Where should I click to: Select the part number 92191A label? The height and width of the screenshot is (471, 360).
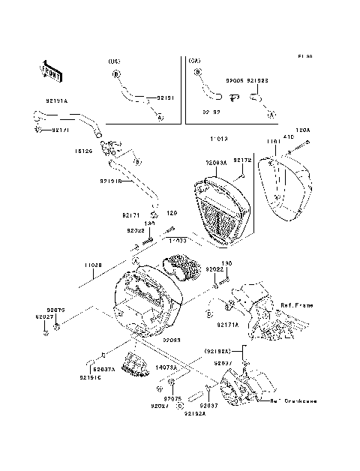tap(53, 100)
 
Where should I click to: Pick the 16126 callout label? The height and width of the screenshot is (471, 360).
tap(83, 150)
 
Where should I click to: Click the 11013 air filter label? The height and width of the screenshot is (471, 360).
tap(219, 139)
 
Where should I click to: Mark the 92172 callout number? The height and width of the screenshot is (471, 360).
tap(241, 160)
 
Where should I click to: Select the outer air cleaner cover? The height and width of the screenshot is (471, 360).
tap(287, 188)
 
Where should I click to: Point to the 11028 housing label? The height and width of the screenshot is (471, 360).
tap(92, 265)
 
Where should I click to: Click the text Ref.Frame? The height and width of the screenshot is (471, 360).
tap(298, 306)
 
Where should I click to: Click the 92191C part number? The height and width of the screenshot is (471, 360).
tap(88, 378)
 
